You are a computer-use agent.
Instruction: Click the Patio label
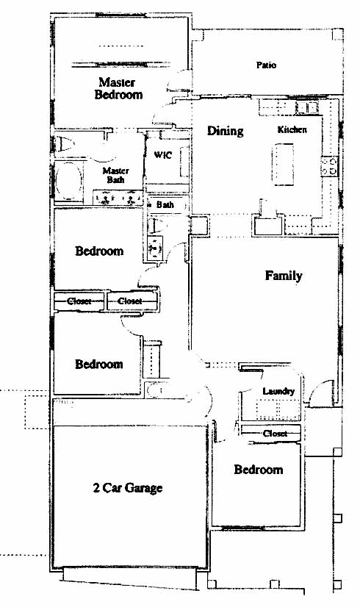(266, 65)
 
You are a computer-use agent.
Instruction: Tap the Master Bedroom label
(118, 88)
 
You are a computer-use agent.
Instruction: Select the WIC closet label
(163, 155)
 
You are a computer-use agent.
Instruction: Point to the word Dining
(226, 131)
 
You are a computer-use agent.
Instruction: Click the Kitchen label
(292, 129)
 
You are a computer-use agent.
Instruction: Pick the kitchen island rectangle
(283, 165)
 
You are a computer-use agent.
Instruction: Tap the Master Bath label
(115, 175)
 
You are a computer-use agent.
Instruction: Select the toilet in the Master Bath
(65, 145)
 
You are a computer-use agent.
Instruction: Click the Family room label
(284, 276)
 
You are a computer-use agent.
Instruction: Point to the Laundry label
(278, 392)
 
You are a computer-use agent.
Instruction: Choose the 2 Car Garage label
(128, 488)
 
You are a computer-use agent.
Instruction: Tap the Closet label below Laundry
(276, 434)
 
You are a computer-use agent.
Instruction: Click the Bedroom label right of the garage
(258, 470)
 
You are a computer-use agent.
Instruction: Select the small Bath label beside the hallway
(165, 204)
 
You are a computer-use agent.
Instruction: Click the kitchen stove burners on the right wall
(329, 165)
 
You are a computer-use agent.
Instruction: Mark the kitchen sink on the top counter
(307, 107)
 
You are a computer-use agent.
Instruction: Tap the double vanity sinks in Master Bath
(118, 198)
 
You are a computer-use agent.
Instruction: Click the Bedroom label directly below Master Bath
(99, 251)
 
